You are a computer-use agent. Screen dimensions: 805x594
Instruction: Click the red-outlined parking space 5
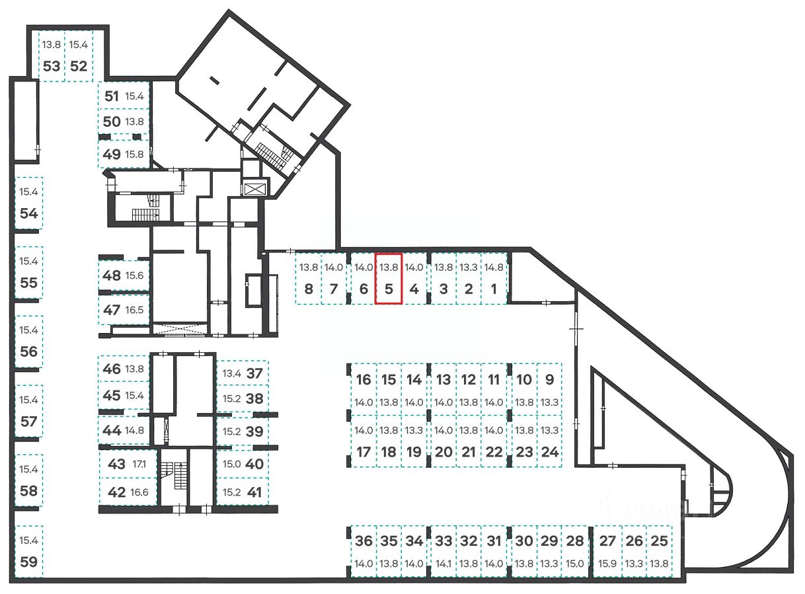(x=389, y=278)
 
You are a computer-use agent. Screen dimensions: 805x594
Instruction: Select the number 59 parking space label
(x=28, y=562)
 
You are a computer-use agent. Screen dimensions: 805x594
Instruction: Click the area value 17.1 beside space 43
(x=139, y=464)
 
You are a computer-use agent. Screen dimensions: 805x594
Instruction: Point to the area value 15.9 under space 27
(x=607, y=564)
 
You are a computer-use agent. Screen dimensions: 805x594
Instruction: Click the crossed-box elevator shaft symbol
(x=256, y=189)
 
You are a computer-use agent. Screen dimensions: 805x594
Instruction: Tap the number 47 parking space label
(x=112, y=311)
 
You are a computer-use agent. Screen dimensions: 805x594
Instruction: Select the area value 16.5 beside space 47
(x=134, y=311)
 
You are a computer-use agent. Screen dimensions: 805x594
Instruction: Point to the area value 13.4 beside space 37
(x=232, y=373)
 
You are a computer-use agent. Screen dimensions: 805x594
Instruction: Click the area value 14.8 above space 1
(x=494, y=268)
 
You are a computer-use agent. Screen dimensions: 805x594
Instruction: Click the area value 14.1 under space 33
(x=443, y=564)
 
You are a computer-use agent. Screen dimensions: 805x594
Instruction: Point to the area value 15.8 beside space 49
(x=134, y=155)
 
